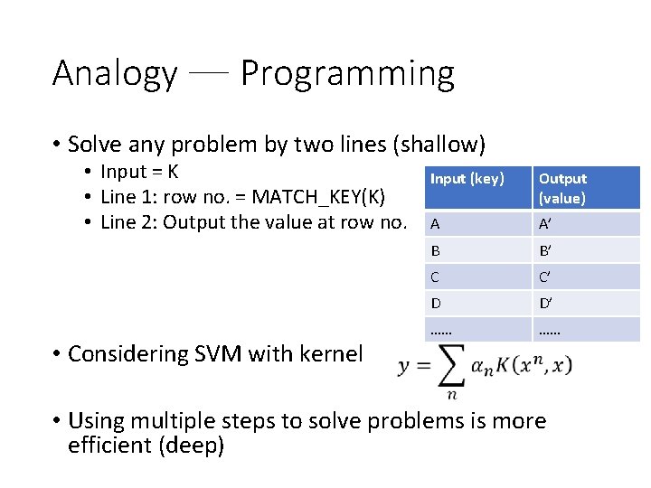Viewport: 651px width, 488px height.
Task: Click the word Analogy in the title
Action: coord(115,73)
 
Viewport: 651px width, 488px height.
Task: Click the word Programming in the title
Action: coord(347,73)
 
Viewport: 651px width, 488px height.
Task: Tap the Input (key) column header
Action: coord(467,179)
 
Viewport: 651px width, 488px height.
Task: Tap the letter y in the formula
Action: coord(405,365)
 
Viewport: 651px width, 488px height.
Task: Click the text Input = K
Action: coord(139,172)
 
